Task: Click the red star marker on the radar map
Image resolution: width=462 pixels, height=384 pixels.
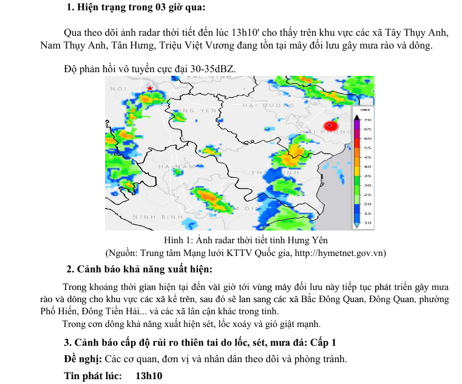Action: tap(149, 89)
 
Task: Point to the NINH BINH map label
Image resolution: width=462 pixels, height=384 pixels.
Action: tap(158, 217)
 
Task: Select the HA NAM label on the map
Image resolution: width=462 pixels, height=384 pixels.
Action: tap(176, 166)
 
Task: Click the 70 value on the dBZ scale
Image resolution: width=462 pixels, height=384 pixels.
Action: tap(367, 120)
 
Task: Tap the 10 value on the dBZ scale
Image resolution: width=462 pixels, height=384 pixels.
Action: tap(367, 223)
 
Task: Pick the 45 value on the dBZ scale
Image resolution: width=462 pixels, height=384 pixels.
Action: tap(367, 157)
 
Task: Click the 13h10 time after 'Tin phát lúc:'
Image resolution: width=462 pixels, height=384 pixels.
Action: tap(149, 376)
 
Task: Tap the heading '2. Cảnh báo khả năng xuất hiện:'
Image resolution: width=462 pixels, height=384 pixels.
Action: tap(140, 269)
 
